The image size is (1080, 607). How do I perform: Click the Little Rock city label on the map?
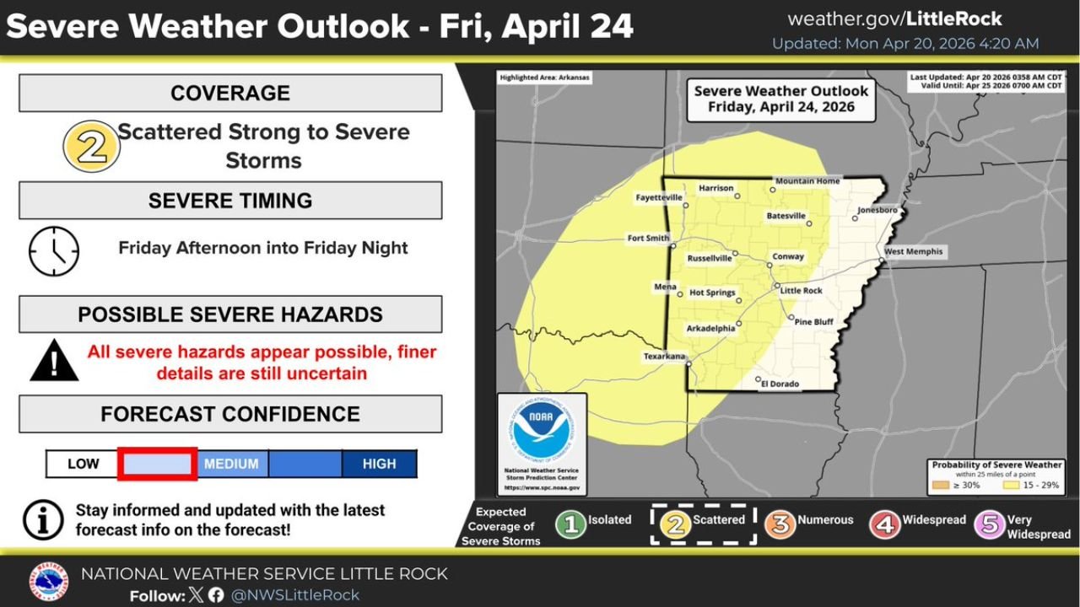tap(801, 291)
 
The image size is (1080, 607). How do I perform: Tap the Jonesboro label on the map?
tap(877, 209)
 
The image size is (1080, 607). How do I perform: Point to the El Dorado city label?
tap(780, 384)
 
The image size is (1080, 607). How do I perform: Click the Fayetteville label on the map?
tap(659, 197)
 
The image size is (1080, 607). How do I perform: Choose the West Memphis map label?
tap(913, 252)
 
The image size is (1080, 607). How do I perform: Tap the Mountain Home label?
tap(807, 181)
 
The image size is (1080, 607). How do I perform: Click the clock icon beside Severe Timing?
tap(54, 251)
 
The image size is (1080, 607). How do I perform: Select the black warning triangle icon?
tap(54, 361)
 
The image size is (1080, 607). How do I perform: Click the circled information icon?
tap(43, 519)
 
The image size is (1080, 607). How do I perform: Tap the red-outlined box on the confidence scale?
tap(158, 465)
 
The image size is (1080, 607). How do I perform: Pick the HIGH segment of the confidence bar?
tap(379, 465)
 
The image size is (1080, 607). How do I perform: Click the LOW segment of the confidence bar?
tap(83, 465)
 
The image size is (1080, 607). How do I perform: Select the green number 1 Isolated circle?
tap(570, 524)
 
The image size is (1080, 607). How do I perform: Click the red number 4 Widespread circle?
tap(885, 524)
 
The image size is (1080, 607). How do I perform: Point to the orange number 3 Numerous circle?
tap(780, 524)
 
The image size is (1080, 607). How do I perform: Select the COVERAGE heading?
tap(229, 93)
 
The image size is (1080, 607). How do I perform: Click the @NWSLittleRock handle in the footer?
tap(294, 595)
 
